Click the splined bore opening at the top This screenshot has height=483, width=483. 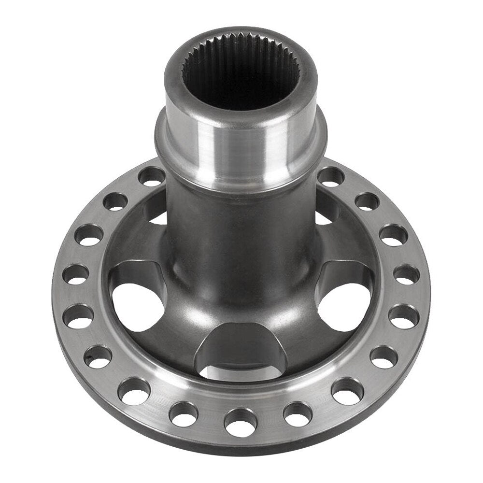pos(241,72)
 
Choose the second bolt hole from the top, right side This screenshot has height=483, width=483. pos(367,201)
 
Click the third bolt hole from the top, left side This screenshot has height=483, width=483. pos(90,235)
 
